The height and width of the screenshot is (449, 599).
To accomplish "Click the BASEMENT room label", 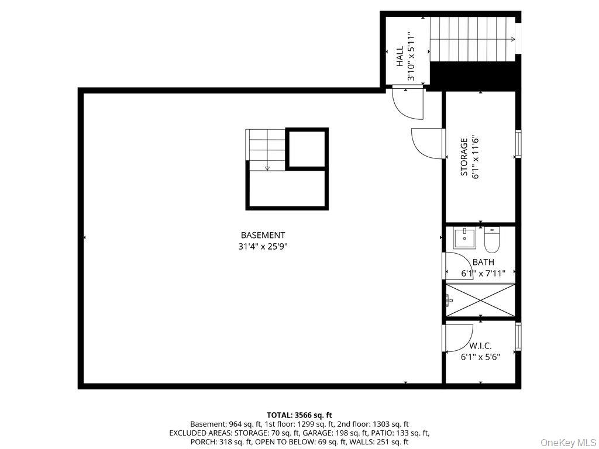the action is click(263, 235).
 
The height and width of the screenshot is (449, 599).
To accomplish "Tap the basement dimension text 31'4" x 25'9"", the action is click(263, 247).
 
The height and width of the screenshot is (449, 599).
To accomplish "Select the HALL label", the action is click(400, 57).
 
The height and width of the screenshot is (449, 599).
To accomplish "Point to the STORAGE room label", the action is click(464, 157).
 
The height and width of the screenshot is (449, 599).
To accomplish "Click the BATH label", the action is click(483, 263).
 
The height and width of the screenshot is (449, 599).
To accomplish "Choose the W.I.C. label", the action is click(481, 346).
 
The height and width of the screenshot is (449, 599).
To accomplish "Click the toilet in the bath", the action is click(492, 240).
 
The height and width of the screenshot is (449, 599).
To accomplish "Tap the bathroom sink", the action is click(464, 239).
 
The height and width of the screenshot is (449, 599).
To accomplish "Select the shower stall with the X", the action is click(481, 300).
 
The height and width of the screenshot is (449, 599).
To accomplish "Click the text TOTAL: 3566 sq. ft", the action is click(299, 415).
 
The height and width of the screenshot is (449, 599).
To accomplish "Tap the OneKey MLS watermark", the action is click(569, 443).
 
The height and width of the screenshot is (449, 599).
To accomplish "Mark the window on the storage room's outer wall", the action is click(518, 143).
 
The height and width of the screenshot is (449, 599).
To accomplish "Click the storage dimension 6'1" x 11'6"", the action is click(476, 157).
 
